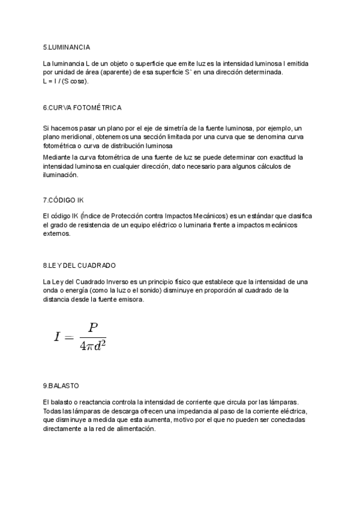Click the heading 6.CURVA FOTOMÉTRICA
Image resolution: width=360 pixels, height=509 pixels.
point(82,107)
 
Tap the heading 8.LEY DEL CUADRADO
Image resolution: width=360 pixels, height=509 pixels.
point(79,265)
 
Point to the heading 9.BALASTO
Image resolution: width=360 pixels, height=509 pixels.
point(61,385)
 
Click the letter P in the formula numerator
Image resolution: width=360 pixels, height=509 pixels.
point(92,327)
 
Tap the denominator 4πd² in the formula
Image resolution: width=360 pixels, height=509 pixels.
point(92,346)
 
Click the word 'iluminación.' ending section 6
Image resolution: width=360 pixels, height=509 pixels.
point(61,175)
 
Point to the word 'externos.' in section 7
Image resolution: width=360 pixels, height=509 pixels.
point(56,233)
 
